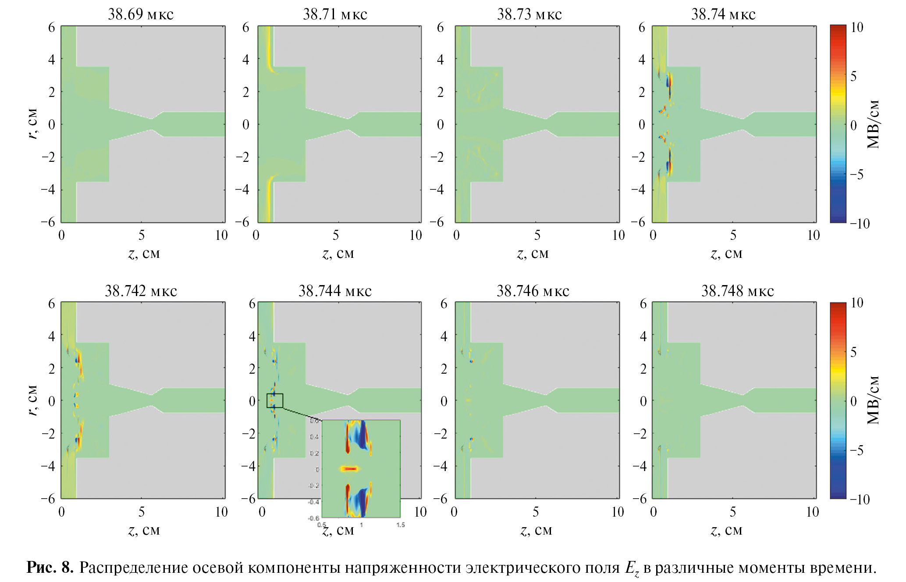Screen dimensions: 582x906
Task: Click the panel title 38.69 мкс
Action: (141, 14)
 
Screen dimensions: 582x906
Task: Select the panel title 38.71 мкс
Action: (335, 14)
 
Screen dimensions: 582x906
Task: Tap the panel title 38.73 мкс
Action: (529, 14)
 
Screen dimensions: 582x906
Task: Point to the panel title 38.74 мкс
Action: (723, 14)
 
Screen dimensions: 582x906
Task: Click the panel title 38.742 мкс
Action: (141, 291)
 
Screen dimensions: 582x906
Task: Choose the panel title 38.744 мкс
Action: (335, 291)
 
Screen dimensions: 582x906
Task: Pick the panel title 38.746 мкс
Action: (533, 291)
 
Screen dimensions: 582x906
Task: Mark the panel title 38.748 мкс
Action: (737, 291)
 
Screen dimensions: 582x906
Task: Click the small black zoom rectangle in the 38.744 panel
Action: (275, 400)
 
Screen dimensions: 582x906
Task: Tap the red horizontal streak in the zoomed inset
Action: (350, 469)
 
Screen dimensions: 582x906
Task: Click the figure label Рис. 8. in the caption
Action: (50, 568)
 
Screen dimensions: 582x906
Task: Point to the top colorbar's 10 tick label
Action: (856, 28)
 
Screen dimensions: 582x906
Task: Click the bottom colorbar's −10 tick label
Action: (860, 499)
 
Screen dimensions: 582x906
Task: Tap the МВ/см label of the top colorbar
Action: (873, 124)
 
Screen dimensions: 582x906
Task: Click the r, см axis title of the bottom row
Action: (32, 400)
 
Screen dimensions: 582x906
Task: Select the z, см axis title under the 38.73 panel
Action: (533, 254)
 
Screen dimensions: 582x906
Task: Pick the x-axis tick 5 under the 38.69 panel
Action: (142, 236)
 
